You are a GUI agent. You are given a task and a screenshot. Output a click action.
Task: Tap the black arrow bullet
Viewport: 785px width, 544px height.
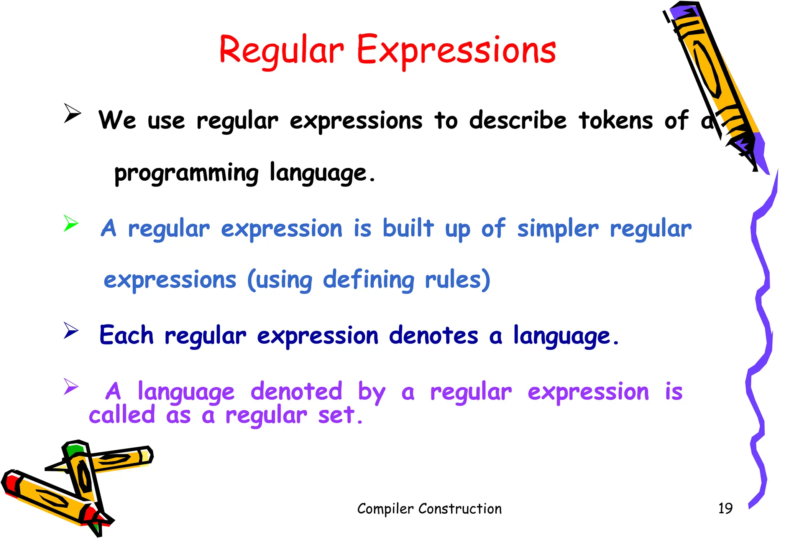(72, 113)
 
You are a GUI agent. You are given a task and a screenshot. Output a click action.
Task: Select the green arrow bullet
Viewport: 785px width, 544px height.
(71, 223)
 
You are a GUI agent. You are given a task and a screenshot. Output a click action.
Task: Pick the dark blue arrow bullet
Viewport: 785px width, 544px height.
(71, 330)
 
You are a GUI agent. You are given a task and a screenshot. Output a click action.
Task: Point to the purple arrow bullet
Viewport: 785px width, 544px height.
(71, 386)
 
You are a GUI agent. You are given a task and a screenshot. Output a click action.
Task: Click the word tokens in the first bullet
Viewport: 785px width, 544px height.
(616, 120)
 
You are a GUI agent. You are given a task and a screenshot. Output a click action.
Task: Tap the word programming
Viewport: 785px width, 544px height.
(186, 173)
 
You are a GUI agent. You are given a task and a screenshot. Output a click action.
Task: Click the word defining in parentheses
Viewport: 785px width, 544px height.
(368, 280)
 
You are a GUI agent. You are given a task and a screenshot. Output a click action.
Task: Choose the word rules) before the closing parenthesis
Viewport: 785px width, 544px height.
(457, 280)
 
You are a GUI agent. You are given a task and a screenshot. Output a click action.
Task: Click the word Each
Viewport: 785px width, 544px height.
(126, 335)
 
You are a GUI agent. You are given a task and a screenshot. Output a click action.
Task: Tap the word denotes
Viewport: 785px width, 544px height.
(433, 336)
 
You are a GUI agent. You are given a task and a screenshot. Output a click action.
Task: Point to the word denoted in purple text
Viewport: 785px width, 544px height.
(296, 392)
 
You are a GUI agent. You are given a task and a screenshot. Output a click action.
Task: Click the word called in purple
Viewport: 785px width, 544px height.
(122, 415)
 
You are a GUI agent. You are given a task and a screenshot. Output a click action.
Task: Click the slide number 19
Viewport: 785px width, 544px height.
(725, 508)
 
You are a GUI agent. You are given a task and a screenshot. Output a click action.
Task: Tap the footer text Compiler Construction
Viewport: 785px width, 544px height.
(429, 509)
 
